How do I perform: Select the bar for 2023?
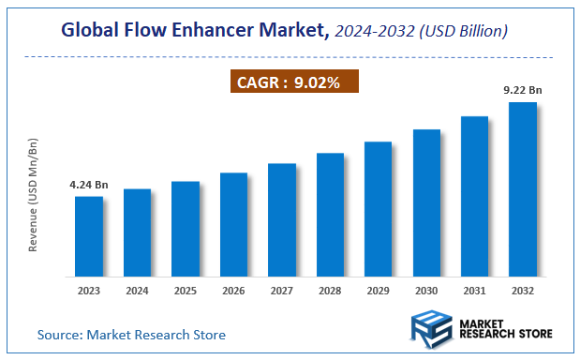[89, 236]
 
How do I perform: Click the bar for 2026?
[233, 225]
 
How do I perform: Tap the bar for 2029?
[378, 209]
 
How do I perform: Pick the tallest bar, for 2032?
[522, 189]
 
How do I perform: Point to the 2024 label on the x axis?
[137, 291]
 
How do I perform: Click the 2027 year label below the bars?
[281, 291]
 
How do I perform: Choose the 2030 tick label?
[426, 291]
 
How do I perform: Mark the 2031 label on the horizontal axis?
[474, 291]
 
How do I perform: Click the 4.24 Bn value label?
[89, 185]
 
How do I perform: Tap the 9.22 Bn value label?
[522, 90]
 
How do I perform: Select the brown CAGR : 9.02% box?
[294, 82]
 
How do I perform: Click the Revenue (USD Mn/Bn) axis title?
[34, 194]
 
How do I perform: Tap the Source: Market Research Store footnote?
[131, 334]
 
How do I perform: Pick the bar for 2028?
[330, 215]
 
